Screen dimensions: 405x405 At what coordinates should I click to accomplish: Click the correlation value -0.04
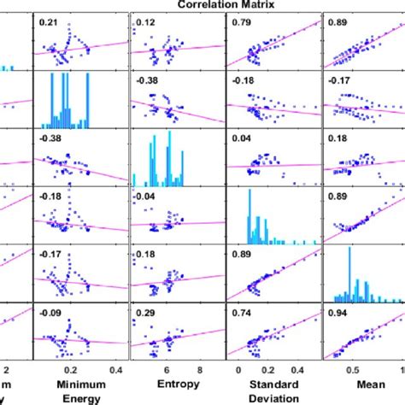pos(146,197)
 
